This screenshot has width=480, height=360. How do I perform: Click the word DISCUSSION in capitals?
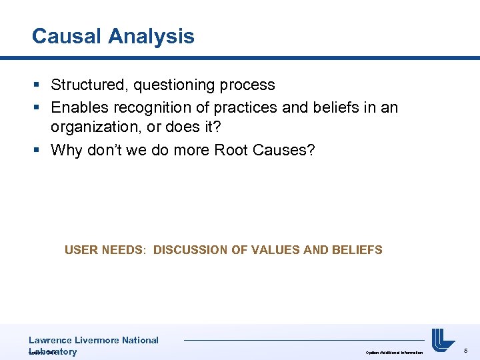pos(190,250)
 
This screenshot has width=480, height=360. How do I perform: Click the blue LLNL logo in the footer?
pos(443,341)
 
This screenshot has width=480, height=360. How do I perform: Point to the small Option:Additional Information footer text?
pos(394,352)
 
